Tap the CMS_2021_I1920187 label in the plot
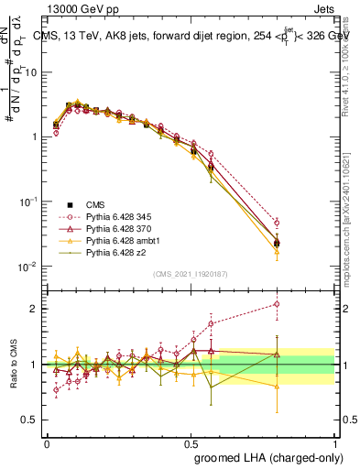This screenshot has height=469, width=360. (191, 274)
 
